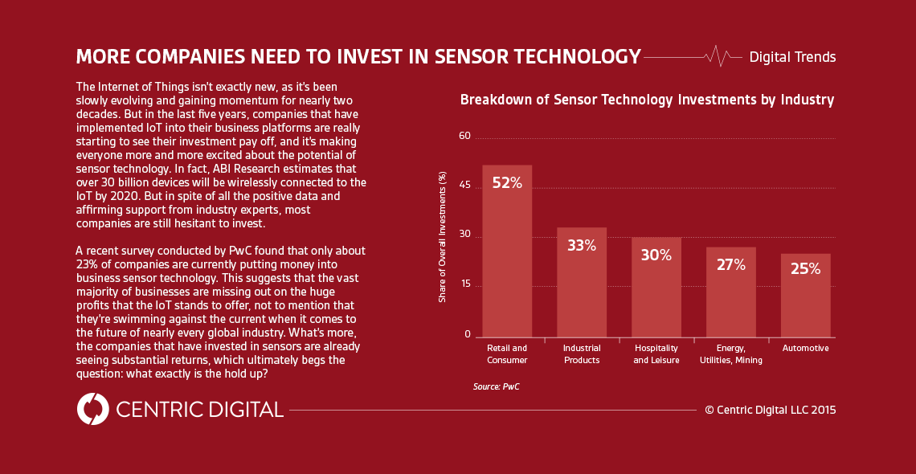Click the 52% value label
(x=507, y=183)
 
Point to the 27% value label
(x=730, y=264)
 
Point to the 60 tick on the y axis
(x=464, y=136)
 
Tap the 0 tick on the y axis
(x=467, y=334)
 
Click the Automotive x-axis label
(x=805, y=349)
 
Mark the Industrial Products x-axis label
(x=582, y=354)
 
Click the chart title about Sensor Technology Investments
(x=647, y=100)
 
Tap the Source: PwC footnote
(x=496, y=387)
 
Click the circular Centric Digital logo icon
(x=93, y=409)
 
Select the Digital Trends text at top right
(x=792, y=57)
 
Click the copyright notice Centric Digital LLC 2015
(x=770, y=410)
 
